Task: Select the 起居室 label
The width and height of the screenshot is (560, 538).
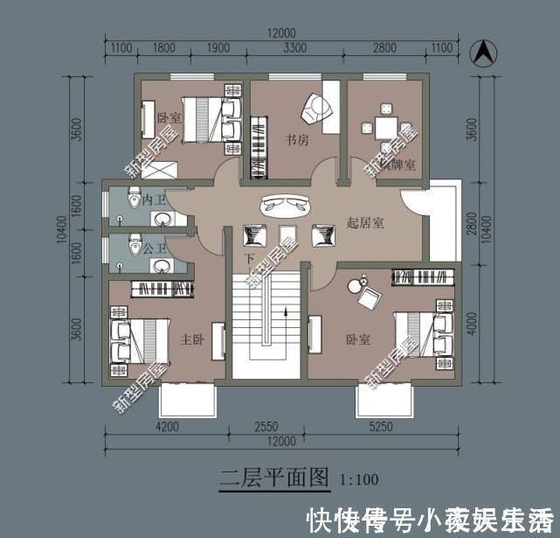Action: click(365, 223)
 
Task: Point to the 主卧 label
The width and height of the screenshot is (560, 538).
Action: click(192, 338)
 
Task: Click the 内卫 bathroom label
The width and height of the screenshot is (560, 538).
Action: click(154, 199)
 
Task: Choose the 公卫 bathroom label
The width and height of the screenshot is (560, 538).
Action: click(154, 248)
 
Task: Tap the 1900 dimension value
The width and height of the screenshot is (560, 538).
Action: click(219, 49)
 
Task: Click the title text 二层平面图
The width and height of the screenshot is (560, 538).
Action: click(273, 478)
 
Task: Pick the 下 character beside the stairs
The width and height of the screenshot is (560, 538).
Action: click(249, 260)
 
